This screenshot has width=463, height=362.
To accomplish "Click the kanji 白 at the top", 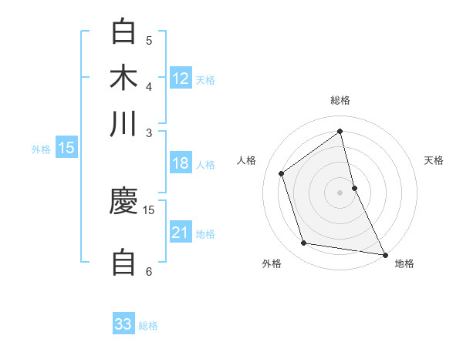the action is pyautogui.click(x=123, y=32).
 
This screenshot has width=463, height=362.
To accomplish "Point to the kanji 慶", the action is pyautogui.click(x=123, y=202).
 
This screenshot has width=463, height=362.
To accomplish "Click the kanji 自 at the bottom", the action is pyautogui.click(x=123, y=262).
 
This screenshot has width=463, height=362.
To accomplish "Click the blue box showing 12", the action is pyautogui.click(x=181, y=79).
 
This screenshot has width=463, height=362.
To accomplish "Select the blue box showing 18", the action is pyautogui.click(x=181, y=163).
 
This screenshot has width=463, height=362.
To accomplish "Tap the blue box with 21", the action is pyautogui.click(x=181, y=233).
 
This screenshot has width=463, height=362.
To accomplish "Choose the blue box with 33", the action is pyautogui.click(x=123, y=324).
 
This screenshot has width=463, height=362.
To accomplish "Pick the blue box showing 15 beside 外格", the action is pyautogui.click(x=66, y=148).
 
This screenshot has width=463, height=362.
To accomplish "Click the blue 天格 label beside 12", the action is pyautogui.click(x=205, y=80).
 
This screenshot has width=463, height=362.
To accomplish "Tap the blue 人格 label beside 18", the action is pyautogui.click(x=205, y=165).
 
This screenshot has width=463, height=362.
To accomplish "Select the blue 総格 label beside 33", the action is pyautogui.click(x=148, y=326).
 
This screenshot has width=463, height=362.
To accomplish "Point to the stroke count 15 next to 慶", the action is pyautogui.click(x=149, y=209).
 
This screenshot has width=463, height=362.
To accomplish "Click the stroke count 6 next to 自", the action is pyautogui.click(x=149, y=271).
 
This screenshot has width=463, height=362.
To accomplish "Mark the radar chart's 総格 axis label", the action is pyautogui.click(x=340, y=100).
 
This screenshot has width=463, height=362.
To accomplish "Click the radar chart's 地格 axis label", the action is pyautogui.click(x=404, y=263).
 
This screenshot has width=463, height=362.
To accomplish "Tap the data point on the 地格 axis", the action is pyautogui.click(x=384, y=254).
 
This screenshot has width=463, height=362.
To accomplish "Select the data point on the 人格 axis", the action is pyautogui.click(x=282, y=173).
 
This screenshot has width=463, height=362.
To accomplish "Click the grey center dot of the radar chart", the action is pyautogui.click(x=340, y=192).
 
